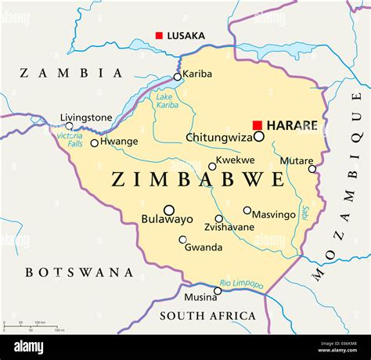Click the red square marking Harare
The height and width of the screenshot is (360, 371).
(x=257, y=125)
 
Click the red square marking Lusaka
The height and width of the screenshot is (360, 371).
(x=159, y=35)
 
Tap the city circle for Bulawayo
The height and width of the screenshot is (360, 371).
(x=169, y=210)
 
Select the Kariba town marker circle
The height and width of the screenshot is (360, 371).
(x=178, y=77)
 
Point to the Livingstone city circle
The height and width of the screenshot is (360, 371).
(x=69, y=126)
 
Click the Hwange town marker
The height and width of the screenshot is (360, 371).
(x=95, y=142)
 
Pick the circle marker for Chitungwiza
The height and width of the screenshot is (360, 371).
(x=259, y=136)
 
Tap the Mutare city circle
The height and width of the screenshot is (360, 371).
(x=312, y=168)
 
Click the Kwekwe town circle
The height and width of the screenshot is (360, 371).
(x=212, y=166)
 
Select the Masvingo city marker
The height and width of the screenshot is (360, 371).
(x=247, y=210)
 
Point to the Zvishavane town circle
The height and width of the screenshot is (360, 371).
(x=219, y=219)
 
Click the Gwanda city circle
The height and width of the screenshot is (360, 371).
(x=183, y=239)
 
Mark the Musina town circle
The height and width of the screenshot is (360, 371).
(x=218, y=290)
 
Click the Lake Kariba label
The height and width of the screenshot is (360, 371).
(x=167, y=101)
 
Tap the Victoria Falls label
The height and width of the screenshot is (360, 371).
(x=69, y=140)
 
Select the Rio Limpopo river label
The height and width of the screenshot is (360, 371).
(x=241, y=284)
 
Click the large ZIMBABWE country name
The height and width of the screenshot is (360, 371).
(x=198, y=180)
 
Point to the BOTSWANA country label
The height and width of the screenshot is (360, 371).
(x=79, y=272)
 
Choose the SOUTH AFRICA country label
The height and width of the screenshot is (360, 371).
(x=207, y=316)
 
